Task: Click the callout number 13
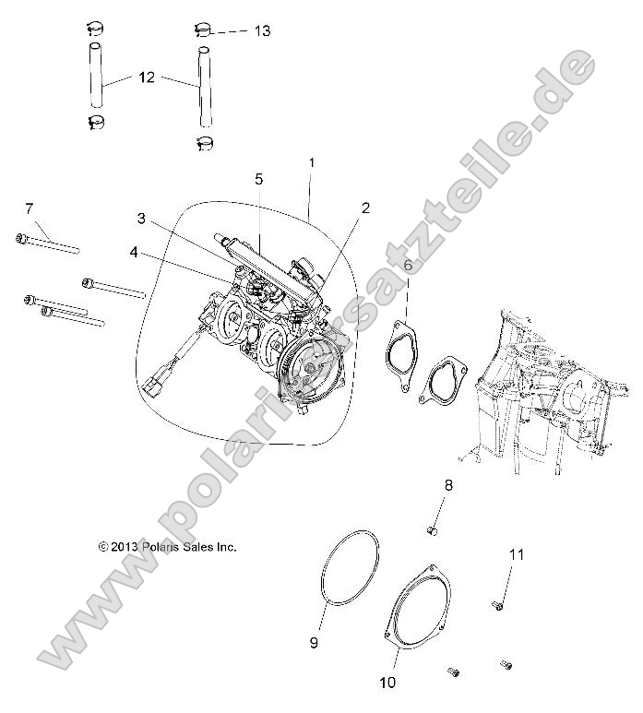262,30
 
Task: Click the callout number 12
147,78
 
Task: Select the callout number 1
312,162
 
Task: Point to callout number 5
259,178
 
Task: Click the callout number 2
365,208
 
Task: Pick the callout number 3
141,219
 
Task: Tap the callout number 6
407,266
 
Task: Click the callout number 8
449,484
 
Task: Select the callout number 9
313,642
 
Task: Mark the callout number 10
387,683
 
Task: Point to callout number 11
517,554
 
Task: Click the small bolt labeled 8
431,529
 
